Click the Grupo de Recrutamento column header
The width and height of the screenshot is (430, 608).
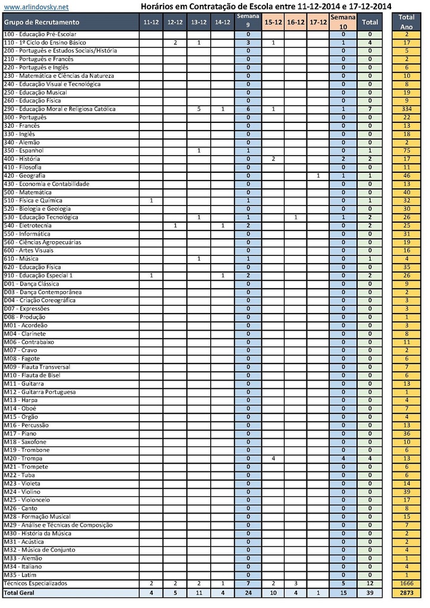[x=42, y=22]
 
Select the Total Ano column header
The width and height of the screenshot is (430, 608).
[x=406, y=22]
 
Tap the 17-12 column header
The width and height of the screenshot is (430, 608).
[x=318, y=22]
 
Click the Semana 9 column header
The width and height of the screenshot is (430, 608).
[x=248, y=22]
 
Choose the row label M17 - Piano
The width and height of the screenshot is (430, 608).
[x=20, y=433]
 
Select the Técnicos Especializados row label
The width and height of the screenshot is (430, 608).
[x=36, y=584]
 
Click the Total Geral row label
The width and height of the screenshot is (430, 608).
[x=20, y=593]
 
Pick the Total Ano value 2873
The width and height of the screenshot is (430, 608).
[x=406, y=593]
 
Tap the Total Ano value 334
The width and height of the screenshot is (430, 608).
[x=406, y=109]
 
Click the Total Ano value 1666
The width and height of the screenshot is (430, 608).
[x=406, y=584]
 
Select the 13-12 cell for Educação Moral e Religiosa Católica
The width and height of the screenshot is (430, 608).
[x=199, y=109]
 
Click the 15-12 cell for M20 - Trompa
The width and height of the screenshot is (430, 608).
[x=273, y=458]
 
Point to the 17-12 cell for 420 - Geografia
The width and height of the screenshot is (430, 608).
[x=318, y=176]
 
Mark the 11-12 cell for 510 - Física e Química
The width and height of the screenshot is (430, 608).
[x=151, y=201]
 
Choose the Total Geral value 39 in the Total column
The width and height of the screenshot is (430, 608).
[x=369, y=593]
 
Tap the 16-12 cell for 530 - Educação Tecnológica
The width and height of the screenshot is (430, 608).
[x=295, y=217]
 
